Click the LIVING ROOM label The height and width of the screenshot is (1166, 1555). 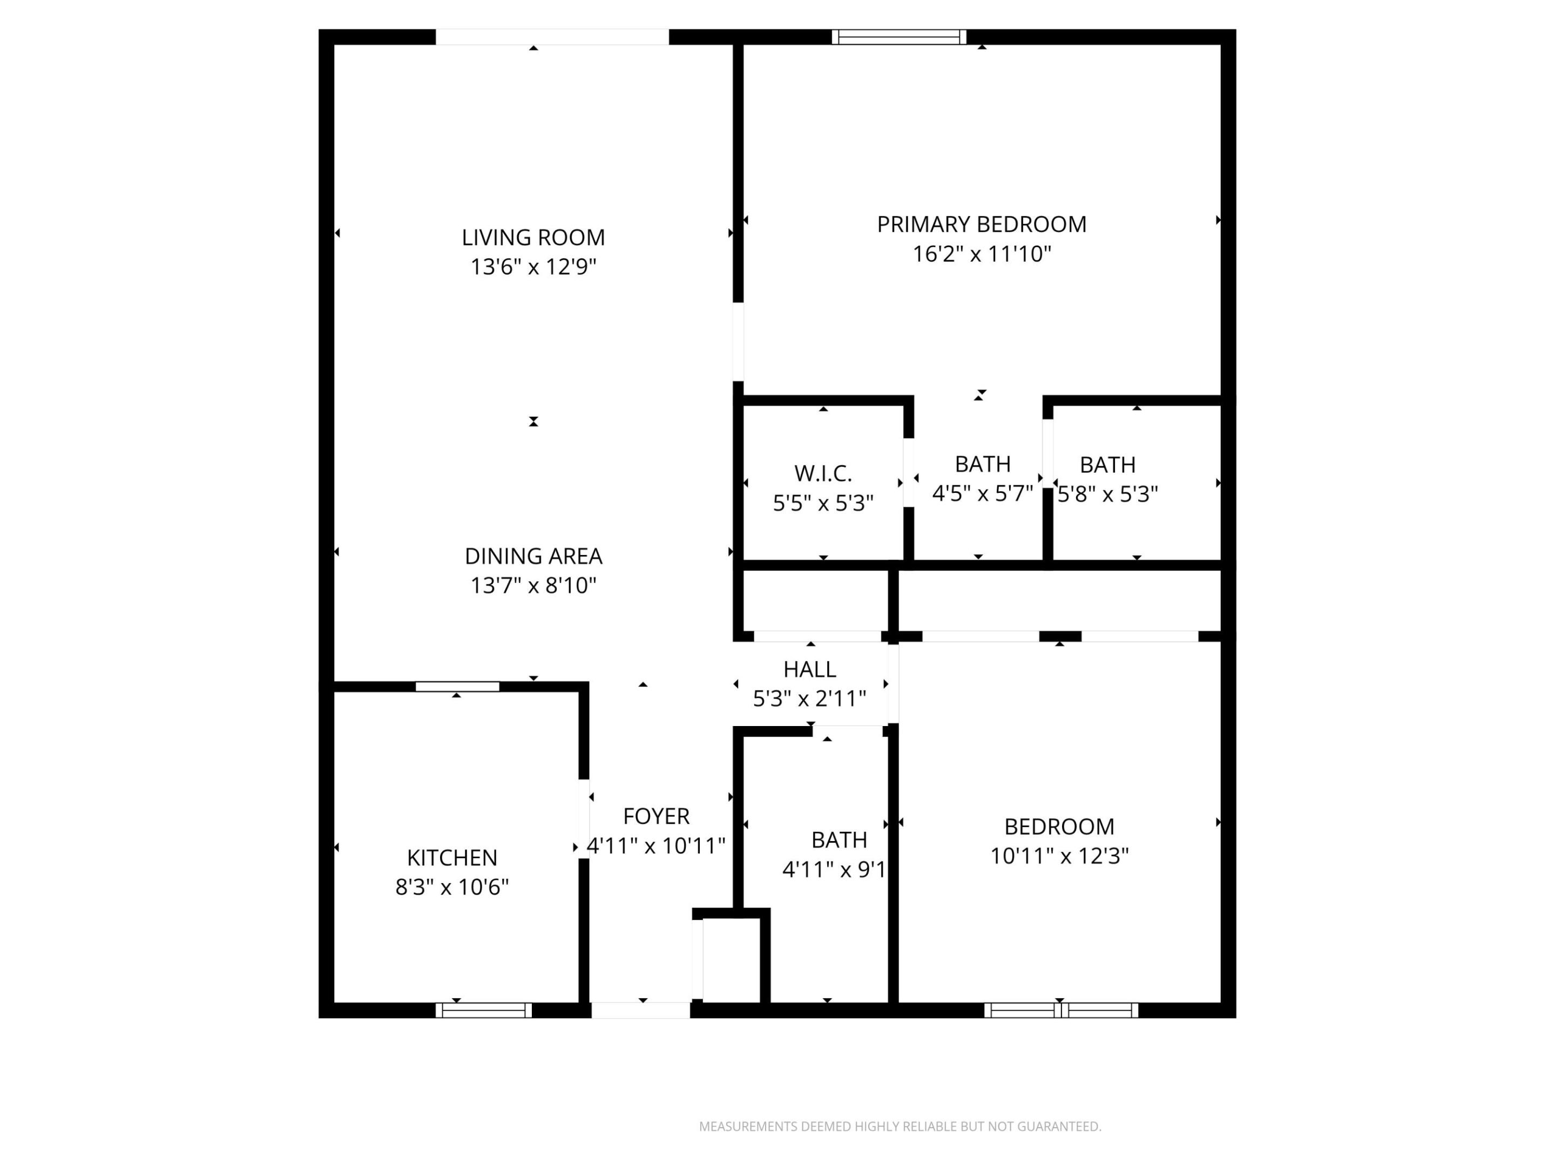533,238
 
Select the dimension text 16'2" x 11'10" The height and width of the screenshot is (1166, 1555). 982,254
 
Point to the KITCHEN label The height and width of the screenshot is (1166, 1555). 452,857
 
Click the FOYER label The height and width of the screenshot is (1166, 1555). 656,816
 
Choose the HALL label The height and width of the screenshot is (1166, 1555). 809,669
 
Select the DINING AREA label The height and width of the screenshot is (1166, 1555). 533,556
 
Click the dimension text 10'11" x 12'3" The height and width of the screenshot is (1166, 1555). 1059,856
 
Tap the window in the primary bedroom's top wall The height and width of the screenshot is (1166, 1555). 898,37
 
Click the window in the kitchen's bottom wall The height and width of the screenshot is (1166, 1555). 484,1010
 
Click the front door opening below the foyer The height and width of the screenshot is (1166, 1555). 640,1010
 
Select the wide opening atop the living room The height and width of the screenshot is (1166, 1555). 552,37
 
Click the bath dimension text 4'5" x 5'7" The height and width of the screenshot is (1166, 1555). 982,493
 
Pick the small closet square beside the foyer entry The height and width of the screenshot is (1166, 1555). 731,959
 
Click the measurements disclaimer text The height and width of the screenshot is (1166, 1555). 900,1127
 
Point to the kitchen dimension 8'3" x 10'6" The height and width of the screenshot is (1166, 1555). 452,887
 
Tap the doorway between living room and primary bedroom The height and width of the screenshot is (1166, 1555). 738,342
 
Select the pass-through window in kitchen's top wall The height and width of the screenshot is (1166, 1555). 457,686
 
